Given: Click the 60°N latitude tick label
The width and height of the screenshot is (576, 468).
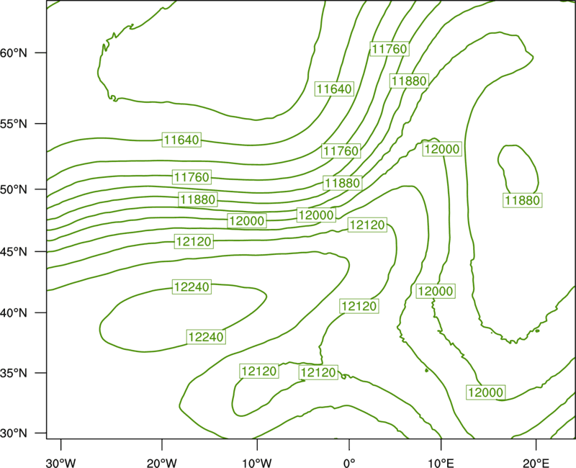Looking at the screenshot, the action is coord(14,53).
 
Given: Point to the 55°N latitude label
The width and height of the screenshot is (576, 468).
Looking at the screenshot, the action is coord(14,124).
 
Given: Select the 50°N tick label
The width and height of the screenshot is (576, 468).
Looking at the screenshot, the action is coord(14,189).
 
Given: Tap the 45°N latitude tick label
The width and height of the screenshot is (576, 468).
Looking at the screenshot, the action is coord(14,251).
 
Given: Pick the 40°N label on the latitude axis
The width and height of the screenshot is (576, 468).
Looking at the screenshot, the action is coord(14,313).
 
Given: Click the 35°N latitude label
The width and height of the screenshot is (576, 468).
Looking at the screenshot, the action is coord(14,373).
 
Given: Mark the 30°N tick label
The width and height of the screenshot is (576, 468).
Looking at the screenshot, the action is coord(14,433).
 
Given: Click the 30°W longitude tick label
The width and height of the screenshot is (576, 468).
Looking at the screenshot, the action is coord(61,463).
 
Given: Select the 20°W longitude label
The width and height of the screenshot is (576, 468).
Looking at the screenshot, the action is coord(161,463).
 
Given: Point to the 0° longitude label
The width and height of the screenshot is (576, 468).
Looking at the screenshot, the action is coord(349,463).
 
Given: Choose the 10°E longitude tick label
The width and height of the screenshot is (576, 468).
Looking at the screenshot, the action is coord(441,463).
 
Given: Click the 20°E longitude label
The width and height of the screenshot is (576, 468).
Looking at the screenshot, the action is coord(536,463).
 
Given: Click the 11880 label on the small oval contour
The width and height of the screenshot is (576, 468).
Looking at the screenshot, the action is coord(523,201).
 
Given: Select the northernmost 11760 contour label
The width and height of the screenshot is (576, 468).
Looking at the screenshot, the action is coord(390,49).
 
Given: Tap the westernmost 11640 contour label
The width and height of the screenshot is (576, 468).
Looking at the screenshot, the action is coord(182,140).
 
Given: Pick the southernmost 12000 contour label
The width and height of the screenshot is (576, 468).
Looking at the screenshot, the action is coord(485,392).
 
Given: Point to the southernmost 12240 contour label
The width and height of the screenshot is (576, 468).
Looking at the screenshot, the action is coord(206,337).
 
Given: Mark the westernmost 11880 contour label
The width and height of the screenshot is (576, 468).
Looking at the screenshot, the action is coord(198,199).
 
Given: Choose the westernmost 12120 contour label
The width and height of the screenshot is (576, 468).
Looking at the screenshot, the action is coord(194,241).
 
